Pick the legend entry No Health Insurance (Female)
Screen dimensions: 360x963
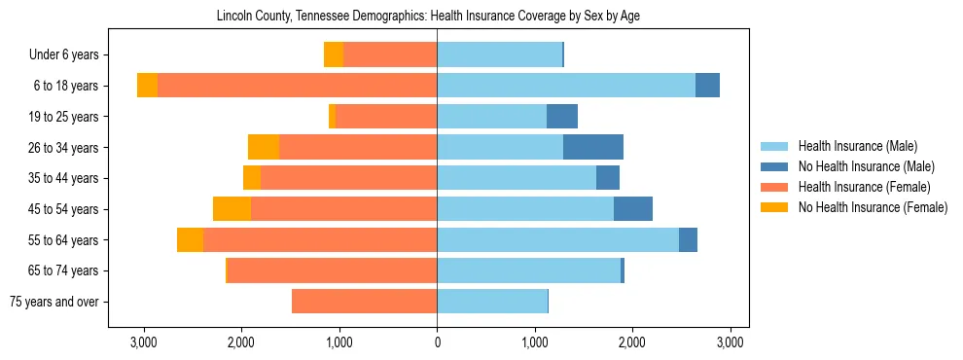(873, 207)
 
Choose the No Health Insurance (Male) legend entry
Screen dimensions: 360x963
(866, 166)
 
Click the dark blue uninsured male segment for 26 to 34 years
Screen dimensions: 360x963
(593, 147)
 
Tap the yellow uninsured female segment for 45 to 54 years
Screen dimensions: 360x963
(232, 209)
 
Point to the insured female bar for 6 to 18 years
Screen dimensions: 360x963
(297, 86)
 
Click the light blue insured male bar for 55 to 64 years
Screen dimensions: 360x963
(557, 240)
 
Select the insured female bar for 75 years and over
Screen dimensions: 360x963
(364, 302)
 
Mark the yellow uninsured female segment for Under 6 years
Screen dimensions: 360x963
(334, 55)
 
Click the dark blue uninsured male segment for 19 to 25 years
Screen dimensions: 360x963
(562, 117)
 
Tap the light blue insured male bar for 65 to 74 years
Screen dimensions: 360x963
(528, 270)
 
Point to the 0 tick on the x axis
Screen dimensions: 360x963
(437, 342)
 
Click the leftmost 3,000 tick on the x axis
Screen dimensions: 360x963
(143, 342)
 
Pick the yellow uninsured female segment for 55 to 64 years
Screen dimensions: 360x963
(190, 240)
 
